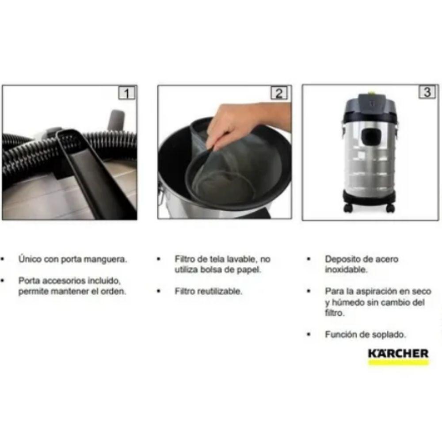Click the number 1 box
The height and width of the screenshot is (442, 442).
pos(127,93)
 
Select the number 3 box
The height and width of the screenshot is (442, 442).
pos(427,92)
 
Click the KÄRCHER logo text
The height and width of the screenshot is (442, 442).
pos(398,353)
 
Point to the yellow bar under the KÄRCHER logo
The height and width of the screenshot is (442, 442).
pos(398,362)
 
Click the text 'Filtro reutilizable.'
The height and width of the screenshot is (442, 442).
pos(208,292)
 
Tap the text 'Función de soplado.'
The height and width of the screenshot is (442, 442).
pos(365,335)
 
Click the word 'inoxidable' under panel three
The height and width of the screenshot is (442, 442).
pos(346,270)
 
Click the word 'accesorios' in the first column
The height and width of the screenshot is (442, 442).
pos(59,281)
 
